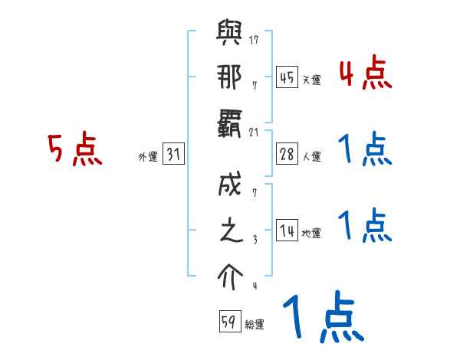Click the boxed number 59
229,322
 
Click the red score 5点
74,149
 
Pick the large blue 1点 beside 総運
322,318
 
